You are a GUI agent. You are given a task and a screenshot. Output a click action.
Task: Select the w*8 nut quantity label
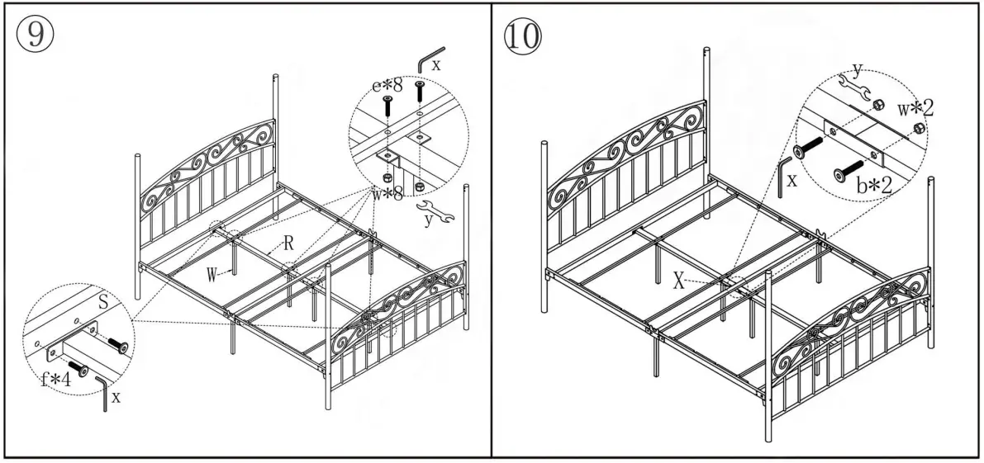[x=387, y=194]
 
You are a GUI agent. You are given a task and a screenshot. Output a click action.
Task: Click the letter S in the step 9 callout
[x=103, y=303]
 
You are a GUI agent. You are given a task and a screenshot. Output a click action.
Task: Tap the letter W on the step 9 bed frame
[x=212, y=273]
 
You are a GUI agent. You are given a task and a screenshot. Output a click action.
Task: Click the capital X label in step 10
[x=678, y=281]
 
